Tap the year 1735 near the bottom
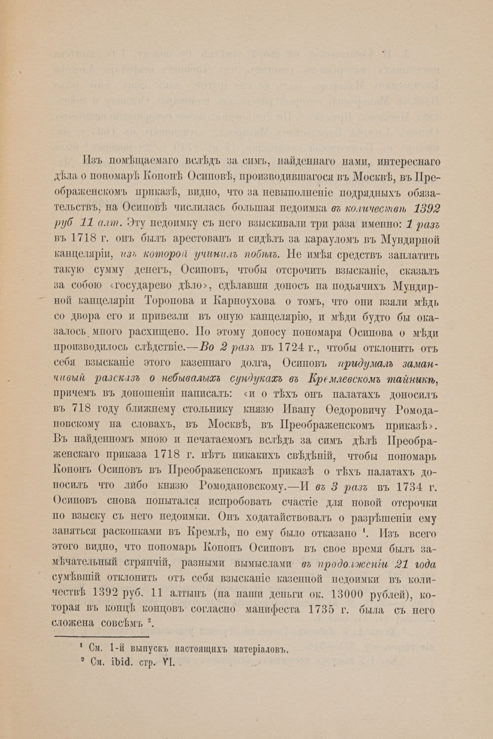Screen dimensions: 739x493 tap(324, 609)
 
